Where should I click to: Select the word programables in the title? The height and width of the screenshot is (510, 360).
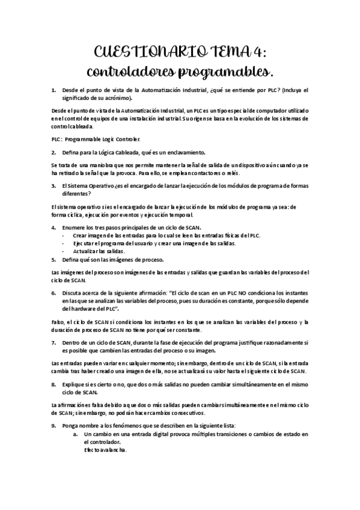[x=225, y=72]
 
